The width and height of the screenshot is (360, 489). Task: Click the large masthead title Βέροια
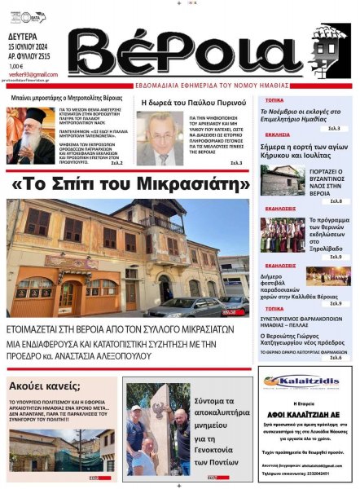196,50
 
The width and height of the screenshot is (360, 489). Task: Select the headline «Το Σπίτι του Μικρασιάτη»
130,184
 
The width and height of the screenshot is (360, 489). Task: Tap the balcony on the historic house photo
158,223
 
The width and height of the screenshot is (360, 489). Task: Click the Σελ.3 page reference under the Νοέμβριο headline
333,128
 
